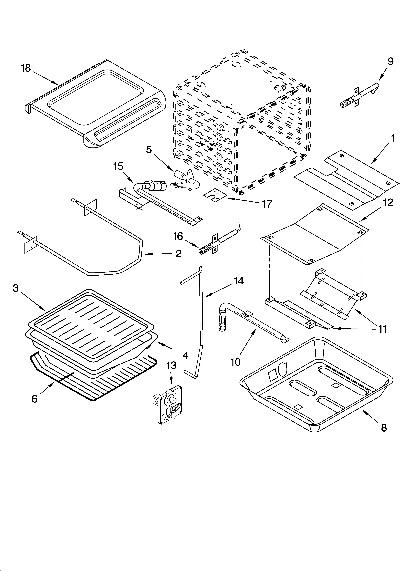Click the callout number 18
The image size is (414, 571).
click(x=26, y=68)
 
